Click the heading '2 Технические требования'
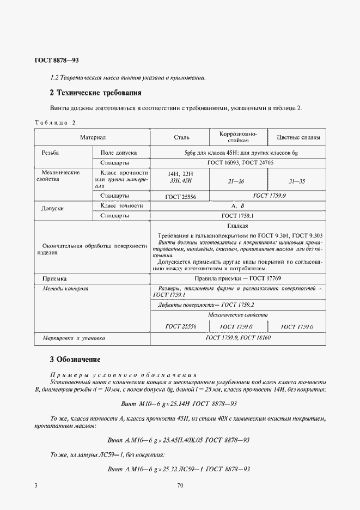click(x=95, y=93)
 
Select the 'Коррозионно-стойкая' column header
click(x=237, y=137)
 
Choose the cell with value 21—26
click(x=237, y=180)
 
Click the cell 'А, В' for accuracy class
click(x=237, y=206)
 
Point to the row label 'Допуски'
click(x=53, y=209)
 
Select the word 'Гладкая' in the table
click(x=237, y=225)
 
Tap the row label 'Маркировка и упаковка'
click(x=74, y=338)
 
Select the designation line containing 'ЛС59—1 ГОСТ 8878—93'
click(x=179, y=469)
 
